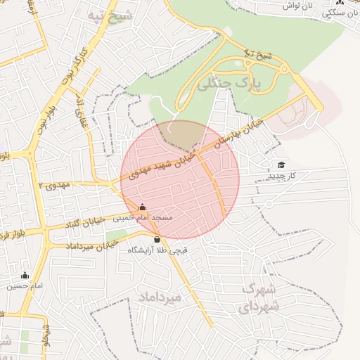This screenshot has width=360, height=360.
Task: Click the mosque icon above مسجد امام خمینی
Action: pyautogui.click(x=143, y=207)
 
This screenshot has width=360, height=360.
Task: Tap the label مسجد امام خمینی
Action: pyautogui.click(x=143, y=218)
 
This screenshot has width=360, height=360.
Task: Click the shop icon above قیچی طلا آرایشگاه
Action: pyautogui.click(x=156, y=240)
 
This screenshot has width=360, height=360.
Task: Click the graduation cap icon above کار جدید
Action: pyautogui.click(x=282, y=165)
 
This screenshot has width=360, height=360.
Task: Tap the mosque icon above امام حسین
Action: pyautogui.click(x=25, y=276)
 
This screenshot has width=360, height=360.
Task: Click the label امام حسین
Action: pyautogui.click(x=25, y=286)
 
